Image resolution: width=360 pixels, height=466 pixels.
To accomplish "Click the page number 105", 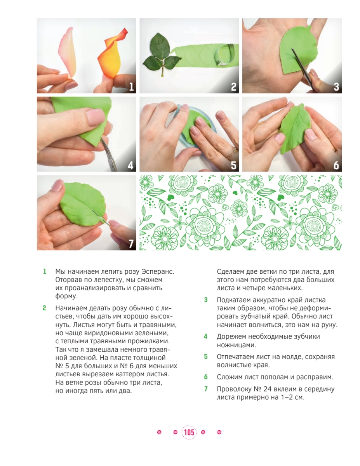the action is pyautogui.click(x=189, y=432).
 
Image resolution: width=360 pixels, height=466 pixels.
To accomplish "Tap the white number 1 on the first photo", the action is pyautogui.click(x=131, y=87).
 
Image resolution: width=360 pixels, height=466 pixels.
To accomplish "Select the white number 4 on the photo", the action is pyautogui.click(x=130, y=165).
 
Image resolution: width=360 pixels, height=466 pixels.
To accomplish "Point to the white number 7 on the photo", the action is pyautogui.click(x=131, y=244).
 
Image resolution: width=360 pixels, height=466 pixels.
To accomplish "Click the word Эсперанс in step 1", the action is pyautogui.click(x=158, y=272).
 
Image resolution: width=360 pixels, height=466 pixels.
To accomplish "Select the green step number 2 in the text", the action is pyautogui.click(x=44, y=308).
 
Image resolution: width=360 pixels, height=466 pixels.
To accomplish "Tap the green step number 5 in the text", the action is pyautogui.click(x=205, y=356).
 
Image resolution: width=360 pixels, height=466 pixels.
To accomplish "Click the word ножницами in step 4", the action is pyautogui.click(x=236, y=345).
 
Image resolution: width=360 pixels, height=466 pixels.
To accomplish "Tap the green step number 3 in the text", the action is pyautogui.click(x=205, y=300).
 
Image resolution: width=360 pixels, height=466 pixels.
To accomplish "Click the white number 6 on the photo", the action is pyautogui.click(x=336, y=165).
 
